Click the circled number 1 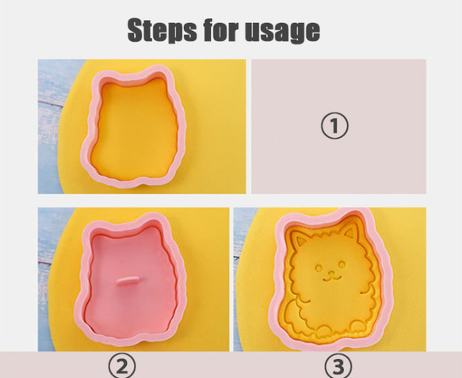coord(334,125)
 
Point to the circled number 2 coord(121,365)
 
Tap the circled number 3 coord(338,366)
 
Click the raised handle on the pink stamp coord(127,281)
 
